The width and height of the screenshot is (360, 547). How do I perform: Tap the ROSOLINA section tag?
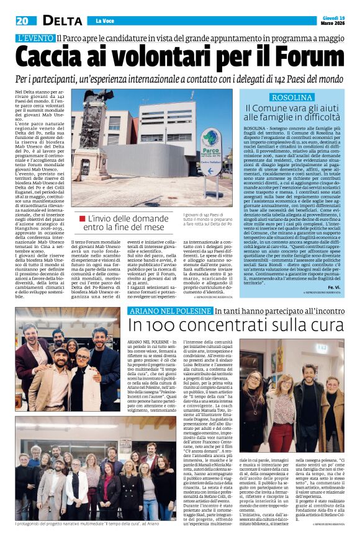pyautogui.click(x=291, y=97)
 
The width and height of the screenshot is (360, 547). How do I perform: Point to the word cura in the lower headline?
pyautogui.click(x=326, y=326)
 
